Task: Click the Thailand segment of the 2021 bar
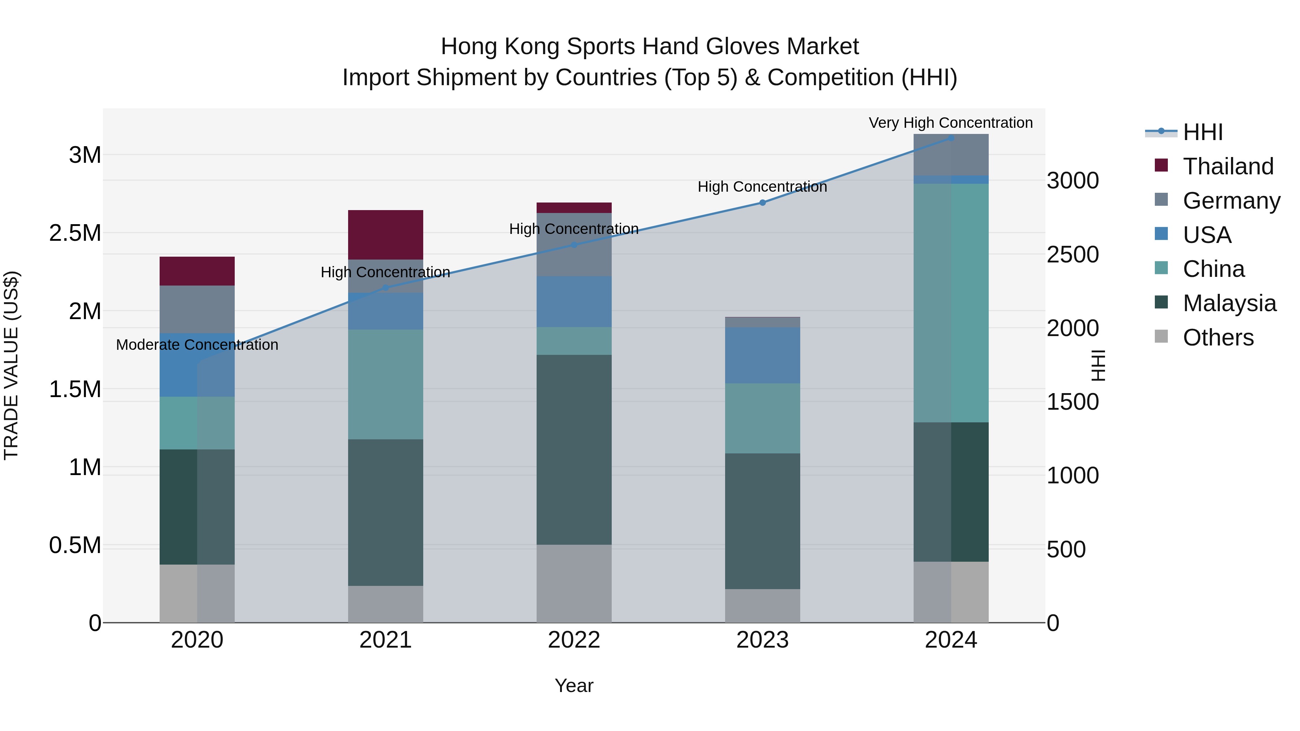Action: [x=386, y=235]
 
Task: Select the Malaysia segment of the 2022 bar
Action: [x=574, y=449]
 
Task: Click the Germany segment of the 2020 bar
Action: [x=197, y=309]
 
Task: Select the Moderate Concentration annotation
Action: [x=197, y=345]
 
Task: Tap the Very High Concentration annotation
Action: [x=951, y=123]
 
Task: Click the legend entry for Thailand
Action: [x=1228, y=166]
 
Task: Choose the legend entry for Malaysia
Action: [x=1229, y=303]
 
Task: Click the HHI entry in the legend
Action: [x=1202, y=132]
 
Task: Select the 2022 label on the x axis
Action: [x=574, y=640]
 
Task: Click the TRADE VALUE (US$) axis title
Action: [x=11, y=365]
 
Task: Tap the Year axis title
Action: [x=574, y=686]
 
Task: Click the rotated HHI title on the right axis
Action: [x=1098, y=365]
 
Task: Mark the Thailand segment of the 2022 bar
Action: [x=574, y=207]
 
